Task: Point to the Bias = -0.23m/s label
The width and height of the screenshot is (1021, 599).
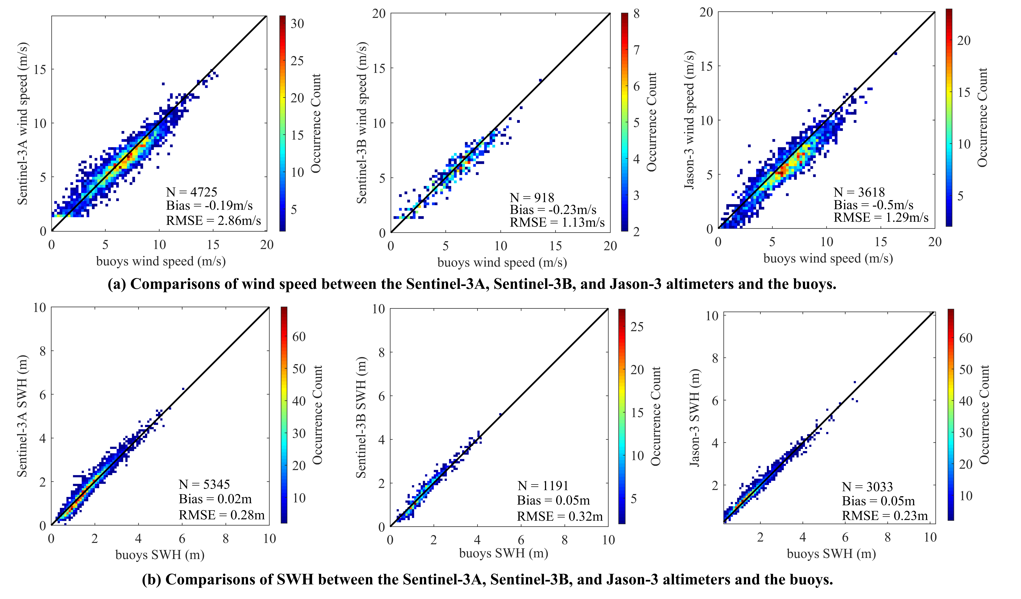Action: (x=553, y=210)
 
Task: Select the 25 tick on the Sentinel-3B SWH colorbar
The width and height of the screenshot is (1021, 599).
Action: (x=637, y=327)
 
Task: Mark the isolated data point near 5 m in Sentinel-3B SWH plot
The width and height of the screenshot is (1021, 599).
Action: (x=501, y=414)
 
